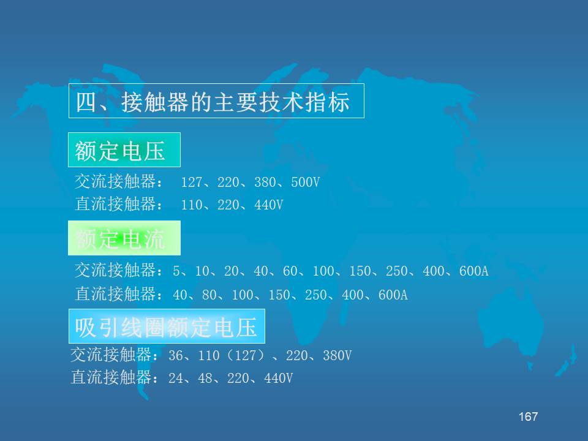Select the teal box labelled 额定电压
(x=124, y=149)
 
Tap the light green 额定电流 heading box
(x=124, y=238)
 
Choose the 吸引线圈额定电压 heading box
(x=167, y=326)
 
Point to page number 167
(x=528, y=417)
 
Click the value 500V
(x=305, y=183)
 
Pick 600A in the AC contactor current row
(x=473, y=271)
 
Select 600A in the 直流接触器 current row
(x=393, y=295)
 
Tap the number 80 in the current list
(x=209, y=295)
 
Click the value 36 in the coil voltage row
(x=176, y=355)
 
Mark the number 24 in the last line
(x=176, y=379)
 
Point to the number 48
(x=205, y=379)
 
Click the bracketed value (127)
(x=246, y=355)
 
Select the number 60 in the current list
(x=290, y=271)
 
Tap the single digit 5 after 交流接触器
(x=176, y=271)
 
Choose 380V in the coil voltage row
(x=337, y=355)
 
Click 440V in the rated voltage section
(x=268, y=205)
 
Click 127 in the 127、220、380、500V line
(x=192, y=183)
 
